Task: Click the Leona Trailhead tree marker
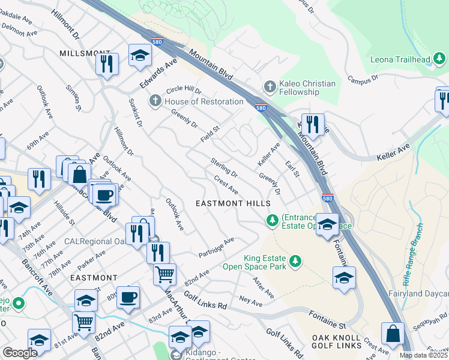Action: click(440, 59)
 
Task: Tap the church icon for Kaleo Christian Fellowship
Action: click(270, 86)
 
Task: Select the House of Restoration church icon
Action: click(155, 101)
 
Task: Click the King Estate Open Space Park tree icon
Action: click(295, 261)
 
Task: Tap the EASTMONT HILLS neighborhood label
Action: click(233, 204)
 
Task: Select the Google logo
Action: click(20, 353)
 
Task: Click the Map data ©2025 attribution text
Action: click(423, 355)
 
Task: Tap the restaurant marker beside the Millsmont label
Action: click(106, 63)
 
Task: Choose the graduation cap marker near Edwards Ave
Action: click(140, 56)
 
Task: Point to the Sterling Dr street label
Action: click(224, 167)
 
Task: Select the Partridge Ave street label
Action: click(216, 248)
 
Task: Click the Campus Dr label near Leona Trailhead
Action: click(362, 78)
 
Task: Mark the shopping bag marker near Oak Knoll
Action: click(392, 334)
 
